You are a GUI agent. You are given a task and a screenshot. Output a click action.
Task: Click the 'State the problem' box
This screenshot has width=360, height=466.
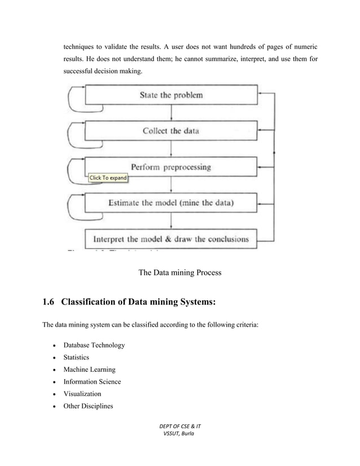[171, 95]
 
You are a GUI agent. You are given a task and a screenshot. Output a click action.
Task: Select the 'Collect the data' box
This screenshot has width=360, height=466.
[171, 131]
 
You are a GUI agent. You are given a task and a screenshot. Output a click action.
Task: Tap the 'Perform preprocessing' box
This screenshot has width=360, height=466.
[171, 167]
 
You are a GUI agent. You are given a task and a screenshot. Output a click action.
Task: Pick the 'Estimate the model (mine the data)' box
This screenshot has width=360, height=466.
[171, 202]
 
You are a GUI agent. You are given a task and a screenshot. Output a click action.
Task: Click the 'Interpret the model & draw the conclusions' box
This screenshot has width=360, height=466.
[171, 238]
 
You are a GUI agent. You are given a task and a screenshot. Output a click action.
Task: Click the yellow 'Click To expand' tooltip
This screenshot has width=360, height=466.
[108, 178]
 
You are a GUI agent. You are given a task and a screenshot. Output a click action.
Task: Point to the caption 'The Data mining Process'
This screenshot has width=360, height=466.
[179, 272]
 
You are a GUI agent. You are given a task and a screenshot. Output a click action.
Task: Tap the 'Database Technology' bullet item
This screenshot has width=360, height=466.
[94, 345]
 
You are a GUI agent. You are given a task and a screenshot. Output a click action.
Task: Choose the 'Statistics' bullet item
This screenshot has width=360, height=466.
[76, 357]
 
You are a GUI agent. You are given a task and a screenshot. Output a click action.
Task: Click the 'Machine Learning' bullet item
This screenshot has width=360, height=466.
[89, 370]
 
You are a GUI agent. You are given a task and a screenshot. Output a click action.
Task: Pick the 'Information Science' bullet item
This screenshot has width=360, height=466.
[91, 381]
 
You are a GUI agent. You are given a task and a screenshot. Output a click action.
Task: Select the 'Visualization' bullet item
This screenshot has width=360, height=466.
[82, 394]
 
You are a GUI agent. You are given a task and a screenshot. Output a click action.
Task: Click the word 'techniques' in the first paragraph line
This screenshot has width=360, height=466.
[78, 46]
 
